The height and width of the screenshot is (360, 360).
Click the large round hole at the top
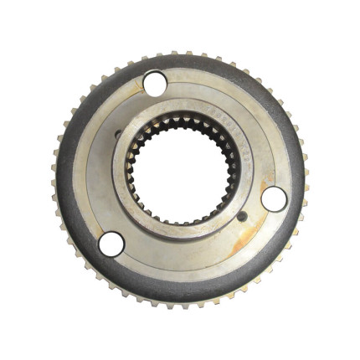click(154, 83)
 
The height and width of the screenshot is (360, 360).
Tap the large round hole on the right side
click(274, 199)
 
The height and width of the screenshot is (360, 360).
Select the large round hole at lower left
click(111, 244)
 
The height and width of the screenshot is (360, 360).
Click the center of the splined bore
click(180, 172)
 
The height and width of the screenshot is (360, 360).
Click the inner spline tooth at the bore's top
click(180, 122)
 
